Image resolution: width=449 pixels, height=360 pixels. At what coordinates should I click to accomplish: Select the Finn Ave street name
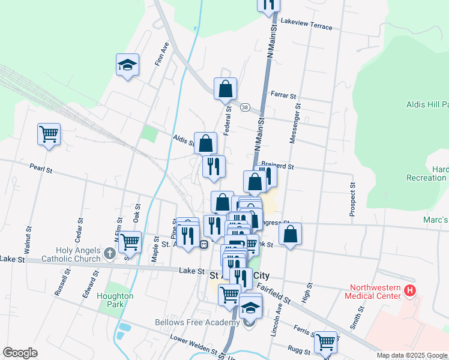coord(160,54)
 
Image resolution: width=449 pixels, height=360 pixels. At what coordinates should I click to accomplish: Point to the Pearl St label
coord(41,170)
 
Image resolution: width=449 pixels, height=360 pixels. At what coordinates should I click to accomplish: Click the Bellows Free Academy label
coord(197,323)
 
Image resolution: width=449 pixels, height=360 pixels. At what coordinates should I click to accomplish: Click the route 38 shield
coord(245,107)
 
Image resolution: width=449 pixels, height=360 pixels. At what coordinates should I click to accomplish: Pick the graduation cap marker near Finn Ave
coord(127,65)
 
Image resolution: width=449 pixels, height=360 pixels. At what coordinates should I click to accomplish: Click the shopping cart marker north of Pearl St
coord(49,134)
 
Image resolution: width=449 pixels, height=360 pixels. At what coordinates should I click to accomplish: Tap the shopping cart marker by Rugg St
coord(325,341)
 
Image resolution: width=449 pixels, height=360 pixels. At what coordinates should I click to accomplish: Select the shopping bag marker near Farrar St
coord(225,89)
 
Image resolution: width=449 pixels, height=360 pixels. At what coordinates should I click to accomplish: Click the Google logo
coord(20,353)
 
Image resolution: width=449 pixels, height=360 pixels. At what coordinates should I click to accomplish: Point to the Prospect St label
coord(353,199)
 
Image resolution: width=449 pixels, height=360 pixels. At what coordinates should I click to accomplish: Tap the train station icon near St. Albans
coord(204,244)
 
